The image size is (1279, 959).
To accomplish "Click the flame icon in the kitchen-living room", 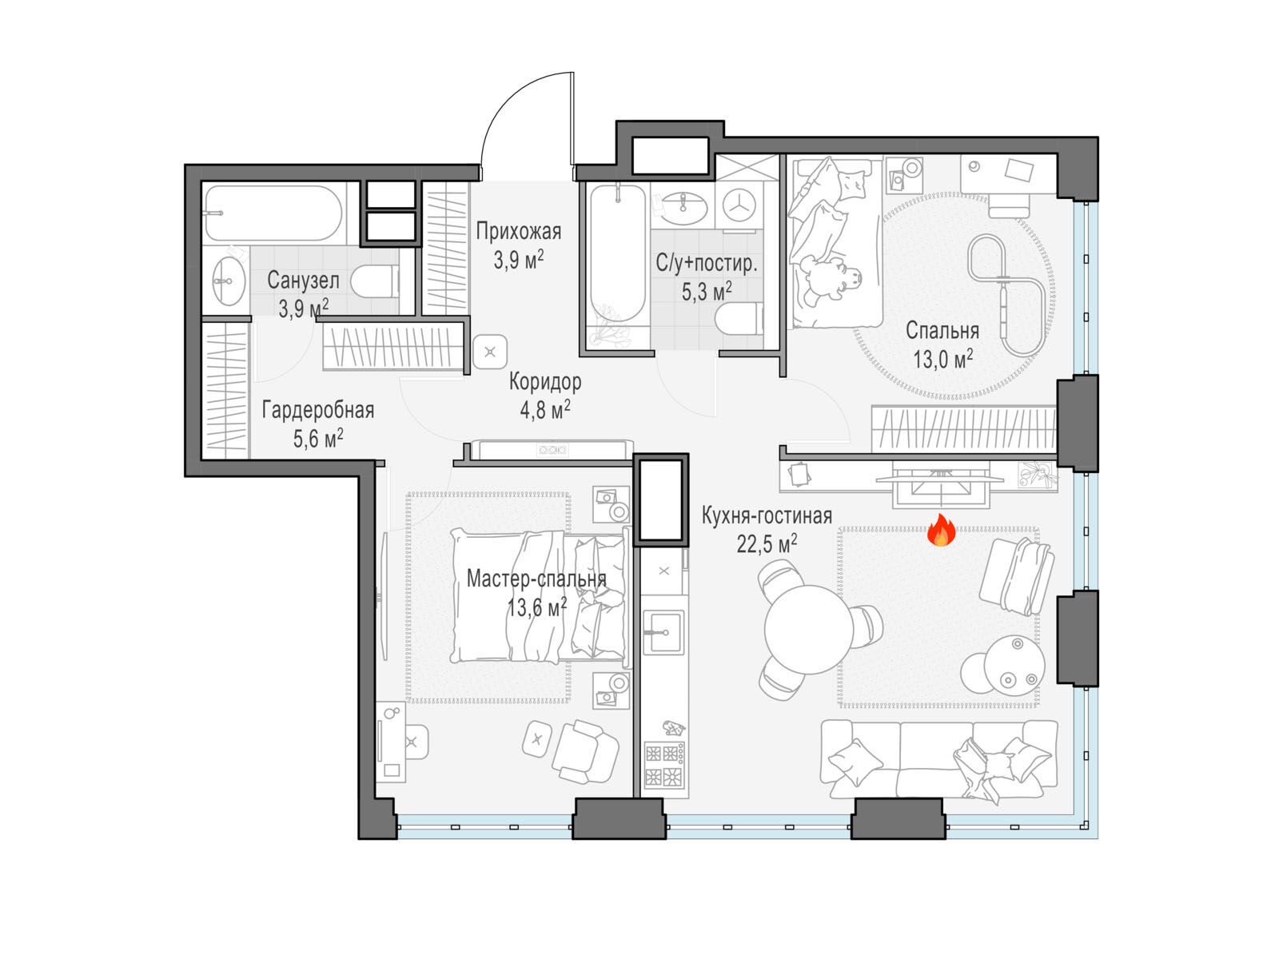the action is [940, 530].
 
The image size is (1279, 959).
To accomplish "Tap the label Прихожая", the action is [518, 232].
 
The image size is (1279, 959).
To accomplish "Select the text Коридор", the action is [545, 382].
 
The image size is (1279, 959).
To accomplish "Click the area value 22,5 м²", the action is [767, 544].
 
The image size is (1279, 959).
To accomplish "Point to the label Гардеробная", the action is [317, 411].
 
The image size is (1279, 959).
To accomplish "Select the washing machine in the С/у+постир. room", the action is [739, 205].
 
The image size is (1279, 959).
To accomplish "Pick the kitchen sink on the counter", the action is [663, 632].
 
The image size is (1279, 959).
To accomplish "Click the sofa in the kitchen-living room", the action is [938, 759].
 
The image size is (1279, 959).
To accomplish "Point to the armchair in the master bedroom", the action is [584, 751].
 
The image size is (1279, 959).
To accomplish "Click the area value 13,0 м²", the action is [942, 360].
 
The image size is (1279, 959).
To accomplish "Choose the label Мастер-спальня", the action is [536, 579].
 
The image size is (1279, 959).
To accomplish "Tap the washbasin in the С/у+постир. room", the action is [683, 207].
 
